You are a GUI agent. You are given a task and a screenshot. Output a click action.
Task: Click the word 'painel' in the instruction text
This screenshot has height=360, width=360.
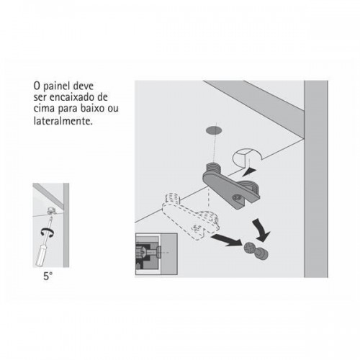click(x=56, y=86)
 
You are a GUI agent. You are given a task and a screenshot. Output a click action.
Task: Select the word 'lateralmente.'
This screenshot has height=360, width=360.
click(x=63, y=120)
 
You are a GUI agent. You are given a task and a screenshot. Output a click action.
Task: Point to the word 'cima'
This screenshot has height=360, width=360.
click(x=44, y=109)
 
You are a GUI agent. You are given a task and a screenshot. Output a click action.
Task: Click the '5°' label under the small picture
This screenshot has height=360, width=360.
click(x=48, y=276)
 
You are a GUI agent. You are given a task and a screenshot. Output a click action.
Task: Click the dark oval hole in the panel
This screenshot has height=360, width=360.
click(x=214, y=130)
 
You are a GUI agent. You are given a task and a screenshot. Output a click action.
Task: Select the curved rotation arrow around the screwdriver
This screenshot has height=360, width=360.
click(x=48, y=231)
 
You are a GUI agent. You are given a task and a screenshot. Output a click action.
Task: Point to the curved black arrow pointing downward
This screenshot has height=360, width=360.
click(x=261, y=230)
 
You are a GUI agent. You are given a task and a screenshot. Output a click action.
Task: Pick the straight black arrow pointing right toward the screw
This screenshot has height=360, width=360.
click(x=227, y=240)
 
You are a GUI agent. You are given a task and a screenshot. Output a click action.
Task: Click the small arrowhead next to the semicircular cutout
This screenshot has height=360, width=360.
click(x=249, y=172)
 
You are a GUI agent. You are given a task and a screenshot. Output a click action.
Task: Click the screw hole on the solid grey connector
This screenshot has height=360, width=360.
click(x=236, y=197)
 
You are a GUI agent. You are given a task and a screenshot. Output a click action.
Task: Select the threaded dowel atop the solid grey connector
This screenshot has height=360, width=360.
click(x=213, y=167)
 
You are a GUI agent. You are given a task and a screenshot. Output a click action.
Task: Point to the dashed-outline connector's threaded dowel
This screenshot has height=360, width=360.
click(x=172, y=198)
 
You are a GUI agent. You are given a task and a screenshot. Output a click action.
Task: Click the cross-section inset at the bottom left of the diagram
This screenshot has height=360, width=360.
click(x=156, y=253)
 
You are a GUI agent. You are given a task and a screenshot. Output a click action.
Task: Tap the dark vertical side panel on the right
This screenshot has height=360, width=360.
click(x=316, y=179)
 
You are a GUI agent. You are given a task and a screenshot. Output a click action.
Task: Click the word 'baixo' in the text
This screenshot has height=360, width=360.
click(x=92, y=109)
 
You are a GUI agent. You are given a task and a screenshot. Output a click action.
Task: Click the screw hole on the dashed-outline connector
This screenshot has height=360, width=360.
click(x=197, y=228)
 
